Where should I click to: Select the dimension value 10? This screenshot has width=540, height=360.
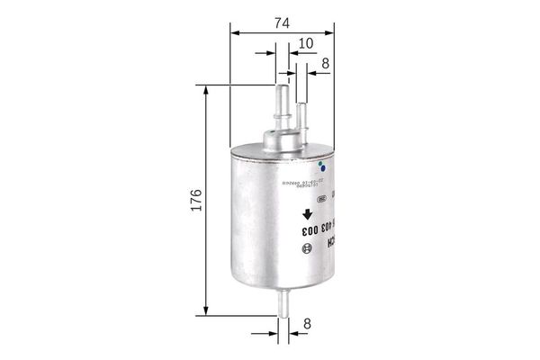pos(306,41)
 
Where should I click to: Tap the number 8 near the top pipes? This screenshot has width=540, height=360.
pos(324,63)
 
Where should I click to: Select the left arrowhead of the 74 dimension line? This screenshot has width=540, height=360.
pos(237,33)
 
